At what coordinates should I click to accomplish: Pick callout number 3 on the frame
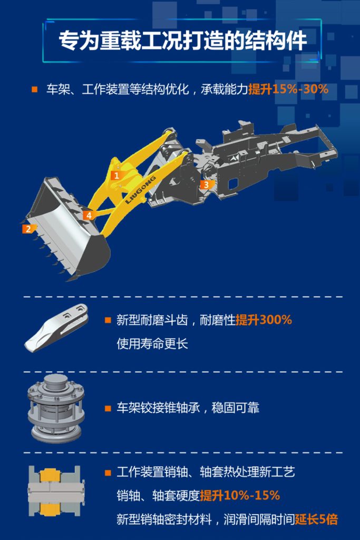[206, 184]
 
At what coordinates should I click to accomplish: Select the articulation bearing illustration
[56, 408]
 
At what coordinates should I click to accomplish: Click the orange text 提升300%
[264, 320]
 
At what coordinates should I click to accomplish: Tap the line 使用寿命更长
[152, 344]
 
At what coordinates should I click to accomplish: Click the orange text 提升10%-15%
[240, 495]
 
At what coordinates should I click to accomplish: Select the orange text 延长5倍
[316, 519]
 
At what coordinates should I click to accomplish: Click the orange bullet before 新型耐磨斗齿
[108, 320]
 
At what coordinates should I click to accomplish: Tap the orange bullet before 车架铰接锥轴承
[108, 408]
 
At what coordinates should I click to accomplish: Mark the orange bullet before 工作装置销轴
[108, 472]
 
